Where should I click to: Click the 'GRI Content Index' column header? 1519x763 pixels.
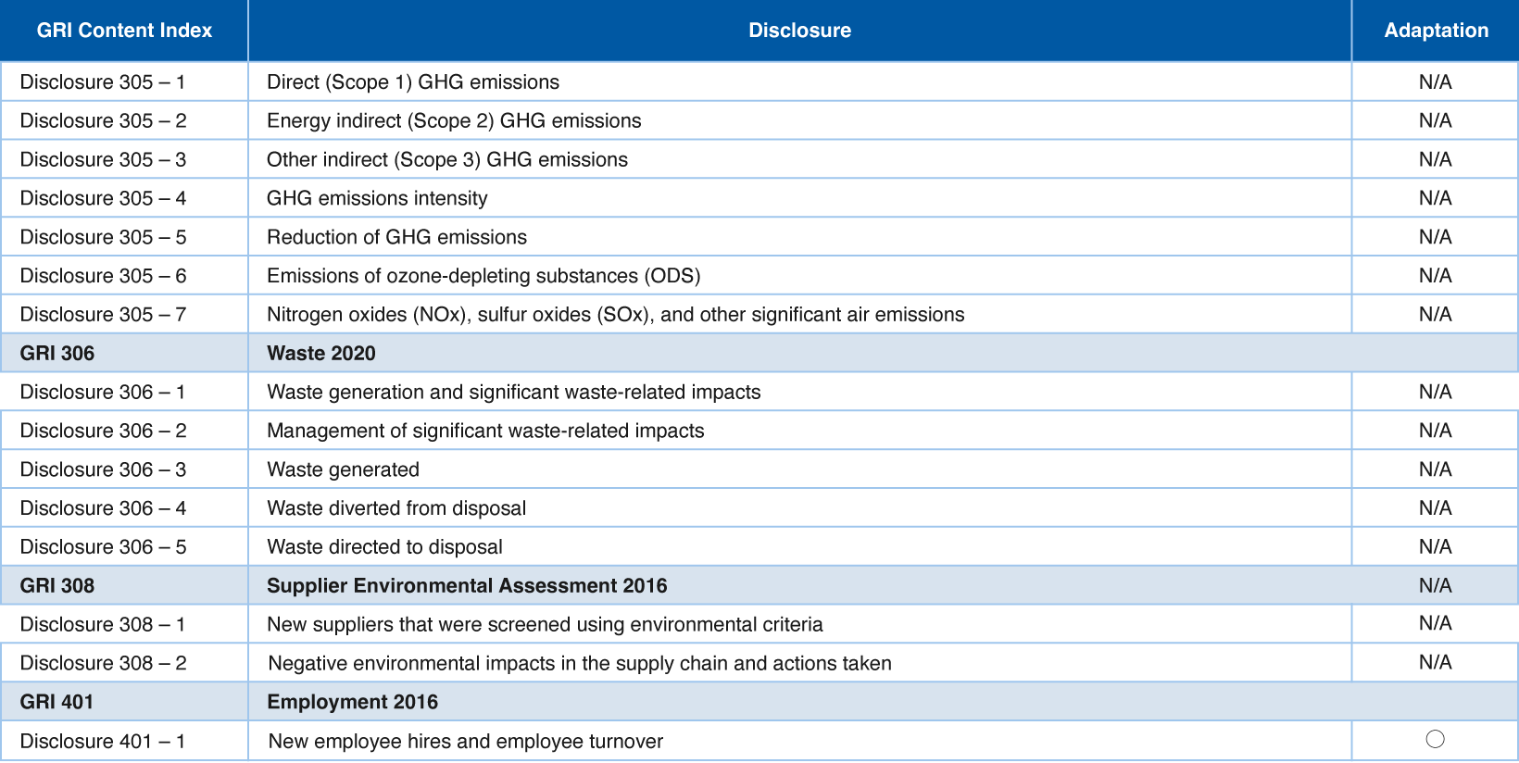[x=124, y=31]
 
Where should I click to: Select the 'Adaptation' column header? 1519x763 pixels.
[x=1437, y=31]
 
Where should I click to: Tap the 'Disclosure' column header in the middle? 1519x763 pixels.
[x=799, y=31]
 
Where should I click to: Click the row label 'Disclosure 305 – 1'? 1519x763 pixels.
[x=103, y=82]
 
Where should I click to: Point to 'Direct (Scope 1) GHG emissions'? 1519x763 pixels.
[x=413, y=82]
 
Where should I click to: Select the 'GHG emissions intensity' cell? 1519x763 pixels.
[x=377, y=198]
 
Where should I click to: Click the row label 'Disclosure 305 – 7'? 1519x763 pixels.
[x=103, y=315]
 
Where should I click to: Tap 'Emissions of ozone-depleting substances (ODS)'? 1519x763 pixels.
[x=483, y=276]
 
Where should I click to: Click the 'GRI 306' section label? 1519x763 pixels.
[x=57, y=354]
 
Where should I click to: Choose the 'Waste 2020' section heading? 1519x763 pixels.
[x=320, y=354]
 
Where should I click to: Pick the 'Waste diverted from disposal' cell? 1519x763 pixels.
[x=396, y=508]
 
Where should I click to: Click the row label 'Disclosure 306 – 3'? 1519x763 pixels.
[x=103, y=469]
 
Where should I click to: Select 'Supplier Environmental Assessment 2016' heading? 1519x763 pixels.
[x=467, y=585]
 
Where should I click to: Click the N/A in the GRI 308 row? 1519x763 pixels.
[x=1436, y=585]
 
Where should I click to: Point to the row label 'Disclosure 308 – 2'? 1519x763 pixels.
[x=103, y=663]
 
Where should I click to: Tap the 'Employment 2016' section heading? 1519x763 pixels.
[x=352, y=702]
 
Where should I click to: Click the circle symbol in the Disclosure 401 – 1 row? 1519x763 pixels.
[x=1435, y=739]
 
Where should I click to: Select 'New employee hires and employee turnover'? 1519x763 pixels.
[x=465, y=742]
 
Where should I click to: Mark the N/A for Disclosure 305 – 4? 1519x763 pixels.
[x=1436, y=198]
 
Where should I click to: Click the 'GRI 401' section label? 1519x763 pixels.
[x=56, y=702]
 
